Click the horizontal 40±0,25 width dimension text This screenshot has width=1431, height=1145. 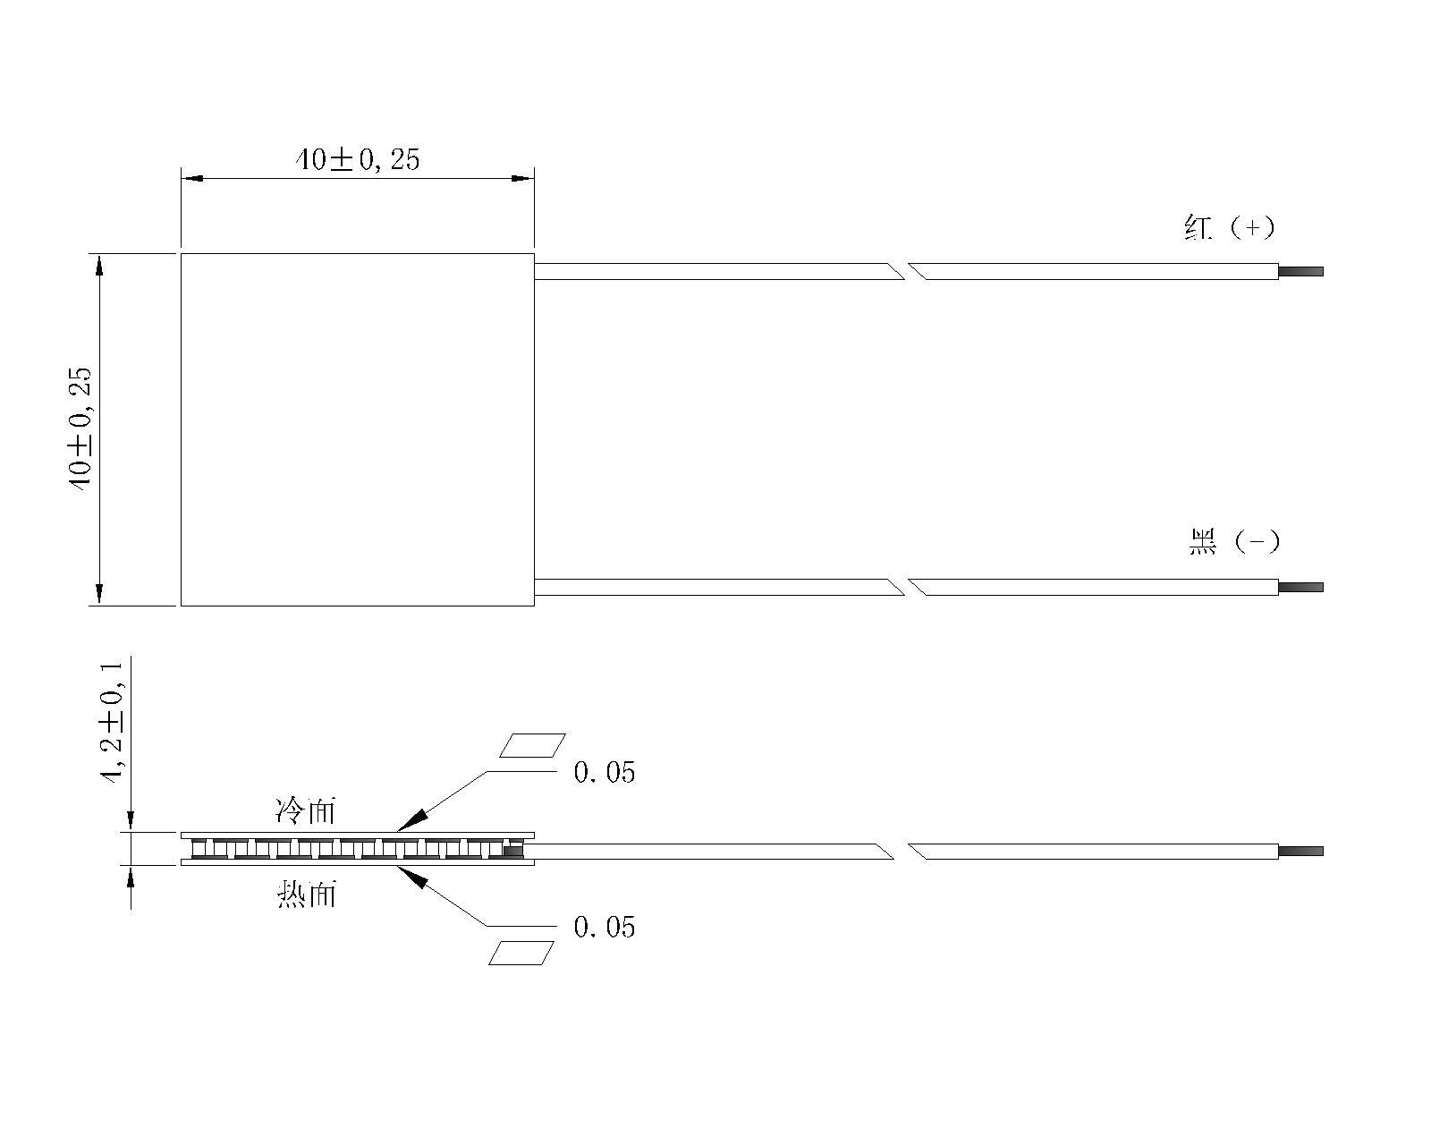(x=358, y=160)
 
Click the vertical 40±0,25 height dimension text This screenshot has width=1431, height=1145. (x=80, y=429)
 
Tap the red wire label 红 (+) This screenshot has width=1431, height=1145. (x=1230, y=227)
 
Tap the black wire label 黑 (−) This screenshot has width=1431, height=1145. (x=1233, y=541)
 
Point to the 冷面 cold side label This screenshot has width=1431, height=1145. (x=306, y=811)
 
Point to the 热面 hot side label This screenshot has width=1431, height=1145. (x=306, y=895)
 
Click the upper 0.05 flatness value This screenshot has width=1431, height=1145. (x=605, y=772)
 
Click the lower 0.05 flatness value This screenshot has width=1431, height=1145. (x=605, y=928)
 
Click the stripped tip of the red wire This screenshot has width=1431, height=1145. (x=1300, y=271)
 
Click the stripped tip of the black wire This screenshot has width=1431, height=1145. (x=1300, y=588)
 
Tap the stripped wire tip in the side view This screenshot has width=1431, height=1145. (x=1300, y=852)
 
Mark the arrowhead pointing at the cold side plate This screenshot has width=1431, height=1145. (x=412, y=820)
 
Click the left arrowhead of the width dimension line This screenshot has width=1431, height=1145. (x=192, y=178)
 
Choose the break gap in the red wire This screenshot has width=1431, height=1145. (x=906, y=271)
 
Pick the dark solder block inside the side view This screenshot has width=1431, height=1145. (x=512, y=851)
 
